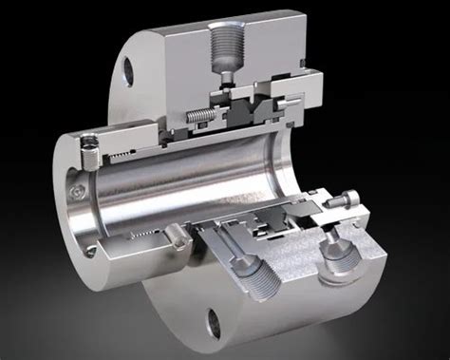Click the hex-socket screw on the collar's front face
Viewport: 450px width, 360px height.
click(x=75, y=193)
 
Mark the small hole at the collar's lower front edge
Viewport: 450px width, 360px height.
click(x=88, y=251)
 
